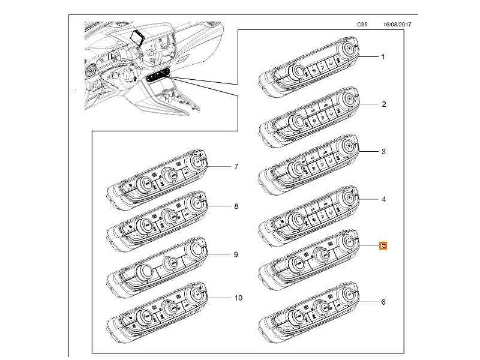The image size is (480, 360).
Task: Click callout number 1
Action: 383,56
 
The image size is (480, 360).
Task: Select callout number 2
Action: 383,104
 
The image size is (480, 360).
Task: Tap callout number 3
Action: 383,152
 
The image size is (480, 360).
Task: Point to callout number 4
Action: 383,198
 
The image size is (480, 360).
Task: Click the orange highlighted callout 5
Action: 383,245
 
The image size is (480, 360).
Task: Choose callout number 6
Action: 383,302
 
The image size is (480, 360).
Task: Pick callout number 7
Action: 236,166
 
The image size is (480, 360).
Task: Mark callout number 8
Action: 236,206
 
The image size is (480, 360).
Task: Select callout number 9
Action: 236,254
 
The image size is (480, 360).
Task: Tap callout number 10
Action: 237,298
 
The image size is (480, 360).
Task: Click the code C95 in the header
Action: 362,25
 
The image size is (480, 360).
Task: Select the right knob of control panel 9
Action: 196,248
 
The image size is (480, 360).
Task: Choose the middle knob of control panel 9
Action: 170,262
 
